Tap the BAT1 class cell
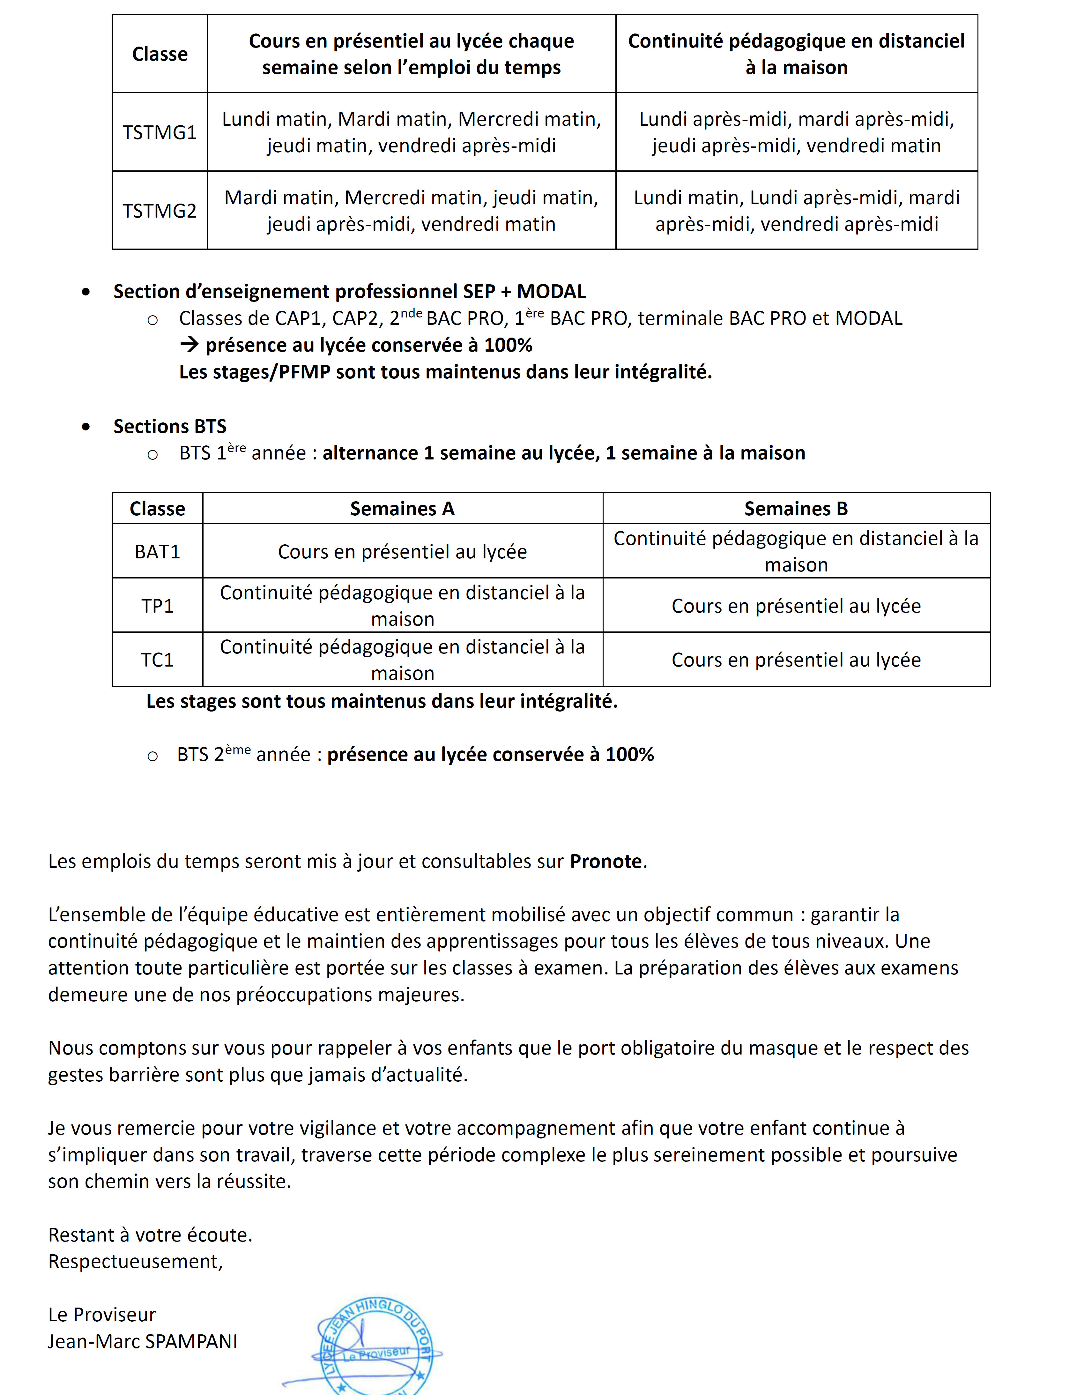click(157, 551)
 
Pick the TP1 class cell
click(157, 606)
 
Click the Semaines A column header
click(402, 508)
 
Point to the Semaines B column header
click(796, 508)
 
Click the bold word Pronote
click(605, 861)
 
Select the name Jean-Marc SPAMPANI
click(143, 1341)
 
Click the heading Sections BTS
click(170, 426)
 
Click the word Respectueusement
click(135, 1262)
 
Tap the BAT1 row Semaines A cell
click(402, 551)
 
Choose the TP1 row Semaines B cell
click(796, 606)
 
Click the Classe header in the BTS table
click(157, 508)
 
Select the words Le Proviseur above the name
click(101, 1315)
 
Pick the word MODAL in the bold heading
click(551, 291)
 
